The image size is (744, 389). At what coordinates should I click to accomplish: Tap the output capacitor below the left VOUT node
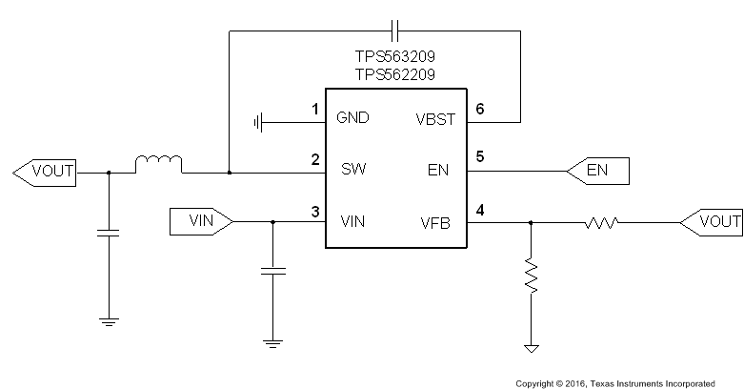(109, 233)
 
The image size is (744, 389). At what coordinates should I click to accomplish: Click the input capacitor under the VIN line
(273, 273)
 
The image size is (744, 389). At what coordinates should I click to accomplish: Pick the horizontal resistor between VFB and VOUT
(601, 222)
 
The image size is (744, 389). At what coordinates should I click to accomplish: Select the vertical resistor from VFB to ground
(531, 276)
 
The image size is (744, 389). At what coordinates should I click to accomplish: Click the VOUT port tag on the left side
(45, 173)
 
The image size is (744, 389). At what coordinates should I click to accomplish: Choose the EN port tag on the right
(597, 172)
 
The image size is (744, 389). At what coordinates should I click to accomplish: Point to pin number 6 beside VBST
(480, 110)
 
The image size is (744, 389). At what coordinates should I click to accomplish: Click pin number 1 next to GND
(315, 110)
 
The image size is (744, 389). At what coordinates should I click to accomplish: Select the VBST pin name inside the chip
(436, 119)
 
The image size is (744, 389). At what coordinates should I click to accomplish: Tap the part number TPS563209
(395, 56)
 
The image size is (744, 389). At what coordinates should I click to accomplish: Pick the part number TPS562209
(395, 74)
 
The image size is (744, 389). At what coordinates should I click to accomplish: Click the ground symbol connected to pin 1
(259, 121)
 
